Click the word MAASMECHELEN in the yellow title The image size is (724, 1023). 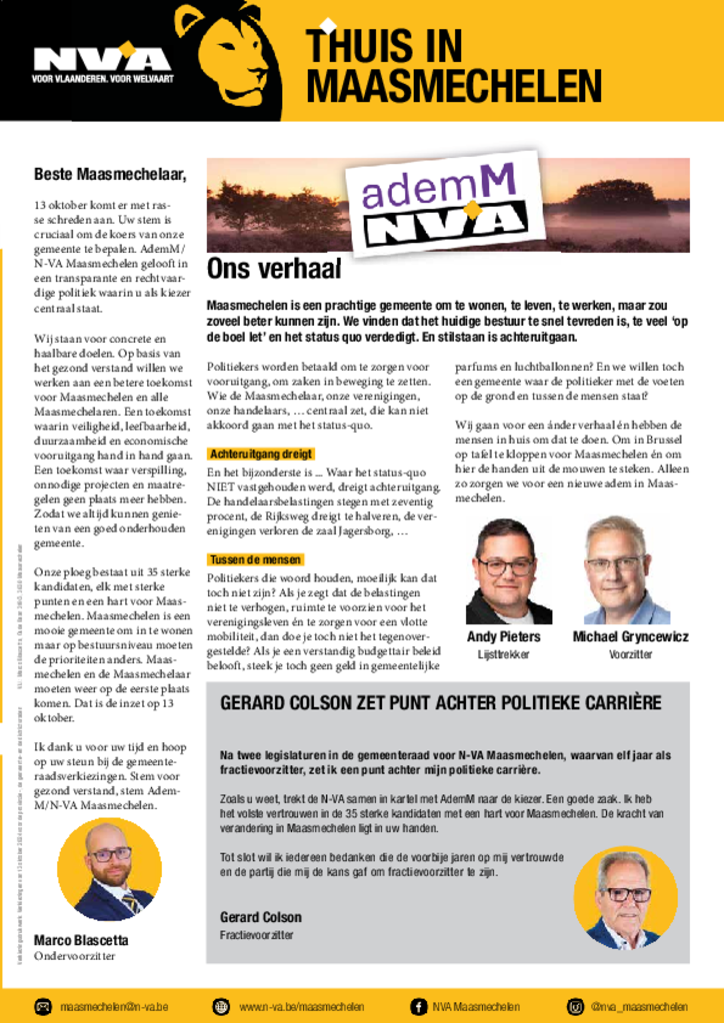453,88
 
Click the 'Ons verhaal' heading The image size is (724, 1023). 274,269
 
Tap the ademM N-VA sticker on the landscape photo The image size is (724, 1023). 446,205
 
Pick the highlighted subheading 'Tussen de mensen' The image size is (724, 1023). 255,559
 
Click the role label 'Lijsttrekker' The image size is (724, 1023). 503,654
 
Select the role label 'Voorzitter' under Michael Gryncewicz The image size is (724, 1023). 630,654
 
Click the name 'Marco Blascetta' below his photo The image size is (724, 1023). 81,939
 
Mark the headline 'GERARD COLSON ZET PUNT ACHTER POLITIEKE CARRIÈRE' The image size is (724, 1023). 440,703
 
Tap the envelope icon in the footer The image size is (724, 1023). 43,1006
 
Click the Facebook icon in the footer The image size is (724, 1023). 419,1006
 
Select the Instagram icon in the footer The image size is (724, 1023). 575,1006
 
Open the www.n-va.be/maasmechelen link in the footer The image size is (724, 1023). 301,1006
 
